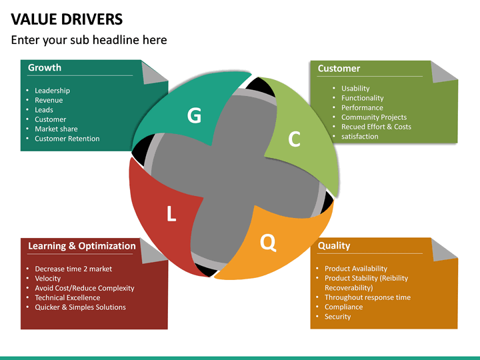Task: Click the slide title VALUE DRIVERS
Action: coord(67,18)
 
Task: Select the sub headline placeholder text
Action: coord(89,40)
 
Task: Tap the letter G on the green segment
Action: coord(194,116)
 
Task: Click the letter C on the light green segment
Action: coord(294,139)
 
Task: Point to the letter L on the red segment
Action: coord(171,214)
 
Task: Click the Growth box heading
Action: coord(45,67)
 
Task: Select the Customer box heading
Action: coord(339,68)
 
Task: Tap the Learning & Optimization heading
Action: coord(81,246)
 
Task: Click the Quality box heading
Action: coord(334,245)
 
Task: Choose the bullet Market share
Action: coord(56,129)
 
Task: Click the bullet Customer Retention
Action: coord(67,139)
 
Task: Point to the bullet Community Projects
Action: coord(374,117)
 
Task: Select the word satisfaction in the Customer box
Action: coord(360,137)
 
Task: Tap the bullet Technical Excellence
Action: coord(67,297)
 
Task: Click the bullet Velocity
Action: coord(48,278)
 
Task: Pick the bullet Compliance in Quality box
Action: coord(344,307)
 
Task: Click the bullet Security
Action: coord(338,317)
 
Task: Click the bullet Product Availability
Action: coord(356,269)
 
